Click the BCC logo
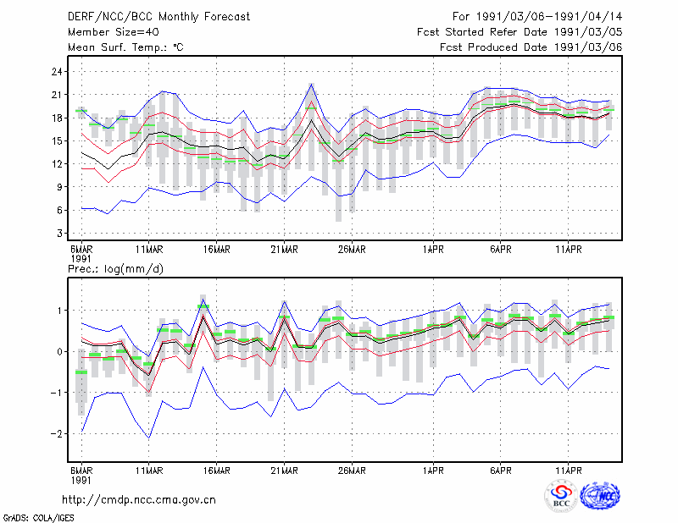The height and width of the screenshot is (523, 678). coord(561,496)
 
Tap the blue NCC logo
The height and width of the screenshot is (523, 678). coord(600,496)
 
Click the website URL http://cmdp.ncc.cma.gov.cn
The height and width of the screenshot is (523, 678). coord(139,500)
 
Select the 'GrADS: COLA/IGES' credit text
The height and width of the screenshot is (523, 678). coord(38,518)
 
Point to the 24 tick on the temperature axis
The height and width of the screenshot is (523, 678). coord(57,72)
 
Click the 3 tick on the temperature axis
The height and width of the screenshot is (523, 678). coord(59,234)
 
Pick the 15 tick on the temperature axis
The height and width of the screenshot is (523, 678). coord(57,140)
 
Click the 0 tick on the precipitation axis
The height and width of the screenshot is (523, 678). coord(59,351)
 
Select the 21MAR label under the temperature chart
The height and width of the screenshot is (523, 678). coord(284,250)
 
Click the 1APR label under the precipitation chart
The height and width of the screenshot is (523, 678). coord(433,471)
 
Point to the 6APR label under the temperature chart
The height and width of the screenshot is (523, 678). coord(501,250)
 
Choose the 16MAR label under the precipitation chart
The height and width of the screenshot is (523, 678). coord(217,471)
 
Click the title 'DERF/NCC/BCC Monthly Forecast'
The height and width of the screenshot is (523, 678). coord(158,17)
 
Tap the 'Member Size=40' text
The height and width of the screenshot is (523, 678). coord(114,32)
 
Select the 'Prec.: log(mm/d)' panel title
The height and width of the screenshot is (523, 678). coord(115,269)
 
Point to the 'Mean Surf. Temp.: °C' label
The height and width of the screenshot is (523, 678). coord(125,47)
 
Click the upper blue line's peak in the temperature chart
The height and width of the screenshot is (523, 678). coord(311,84)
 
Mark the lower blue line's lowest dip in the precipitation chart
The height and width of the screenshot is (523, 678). coord(149,438)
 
